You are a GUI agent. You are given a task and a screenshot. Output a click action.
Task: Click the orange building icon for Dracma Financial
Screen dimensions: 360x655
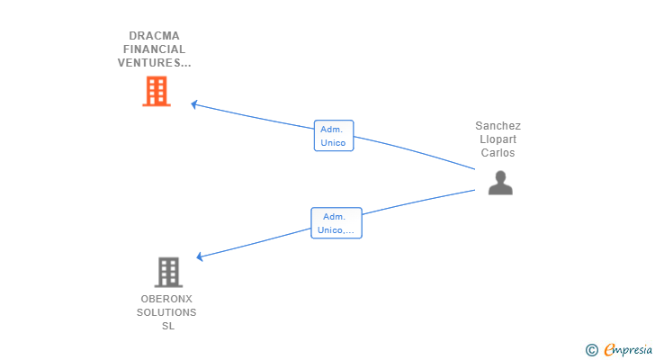[x=157, y=91]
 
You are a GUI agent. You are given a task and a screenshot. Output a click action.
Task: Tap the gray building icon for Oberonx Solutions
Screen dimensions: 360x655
[x=167, y=272]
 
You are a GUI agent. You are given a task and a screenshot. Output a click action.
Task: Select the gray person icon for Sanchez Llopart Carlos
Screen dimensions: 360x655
[x=500, y=183]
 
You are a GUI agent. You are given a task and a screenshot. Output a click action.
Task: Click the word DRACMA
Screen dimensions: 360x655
[x=154, y=36]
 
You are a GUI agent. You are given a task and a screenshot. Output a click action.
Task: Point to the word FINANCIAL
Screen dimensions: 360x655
[x=154, y=49]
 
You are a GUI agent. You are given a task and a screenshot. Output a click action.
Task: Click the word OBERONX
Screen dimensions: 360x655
[x=166, y=299]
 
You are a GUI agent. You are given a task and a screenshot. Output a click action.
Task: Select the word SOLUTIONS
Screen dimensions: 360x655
[x=166, y=312]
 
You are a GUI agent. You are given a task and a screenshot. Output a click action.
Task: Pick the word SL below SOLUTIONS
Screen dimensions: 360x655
[x=167, y=326]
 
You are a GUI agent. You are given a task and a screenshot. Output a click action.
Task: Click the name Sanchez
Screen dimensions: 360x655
[x=498, y=126]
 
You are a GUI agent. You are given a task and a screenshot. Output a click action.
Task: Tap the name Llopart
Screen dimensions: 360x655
[x=498, y=139]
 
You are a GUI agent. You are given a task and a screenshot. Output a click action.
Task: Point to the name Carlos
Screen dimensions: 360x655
[x=498, y=153]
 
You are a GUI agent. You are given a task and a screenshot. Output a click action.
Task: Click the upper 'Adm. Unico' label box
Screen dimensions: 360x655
[x=333, y=136]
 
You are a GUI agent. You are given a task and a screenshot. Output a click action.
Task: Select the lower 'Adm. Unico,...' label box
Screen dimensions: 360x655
[x=336, y=223]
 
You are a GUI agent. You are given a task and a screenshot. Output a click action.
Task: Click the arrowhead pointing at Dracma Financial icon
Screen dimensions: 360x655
[x=194, y=104]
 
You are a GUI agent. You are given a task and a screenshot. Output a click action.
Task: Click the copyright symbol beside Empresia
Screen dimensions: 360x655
[x=591, y=349]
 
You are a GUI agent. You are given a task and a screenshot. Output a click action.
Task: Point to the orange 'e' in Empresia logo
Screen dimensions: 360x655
[x=609, y=349]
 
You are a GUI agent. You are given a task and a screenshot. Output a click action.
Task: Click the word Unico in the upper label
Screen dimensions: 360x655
[x=333, y=142]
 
